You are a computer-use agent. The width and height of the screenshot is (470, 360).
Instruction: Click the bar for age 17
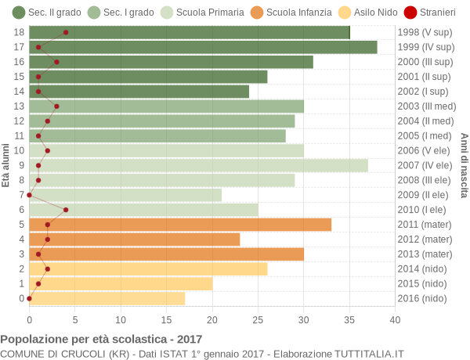203,47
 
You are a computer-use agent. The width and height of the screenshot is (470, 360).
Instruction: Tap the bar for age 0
107,298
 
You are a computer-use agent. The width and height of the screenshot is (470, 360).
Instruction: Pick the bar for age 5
180,225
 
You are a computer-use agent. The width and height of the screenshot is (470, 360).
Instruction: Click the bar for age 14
139,92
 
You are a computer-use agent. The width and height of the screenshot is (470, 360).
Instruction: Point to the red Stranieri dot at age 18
66,32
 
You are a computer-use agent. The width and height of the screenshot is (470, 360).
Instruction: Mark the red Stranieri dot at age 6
66,210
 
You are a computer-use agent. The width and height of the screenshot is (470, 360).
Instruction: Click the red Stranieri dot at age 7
30,195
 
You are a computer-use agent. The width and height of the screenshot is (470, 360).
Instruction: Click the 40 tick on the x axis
395,319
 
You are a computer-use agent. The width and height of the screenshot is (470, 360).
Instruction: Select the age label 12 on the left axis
20,121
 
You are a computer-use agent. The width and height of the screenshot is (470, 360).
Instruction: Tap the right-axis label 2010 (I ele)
424,210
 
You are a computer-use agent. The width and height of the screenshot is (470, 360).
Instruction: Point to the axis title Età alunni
6,165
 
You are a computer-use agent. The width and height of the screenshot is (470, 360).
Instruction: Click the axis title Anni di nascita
464,165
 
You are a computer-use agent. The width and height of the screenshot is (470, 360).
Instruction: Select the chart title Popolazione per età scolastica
101,340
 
